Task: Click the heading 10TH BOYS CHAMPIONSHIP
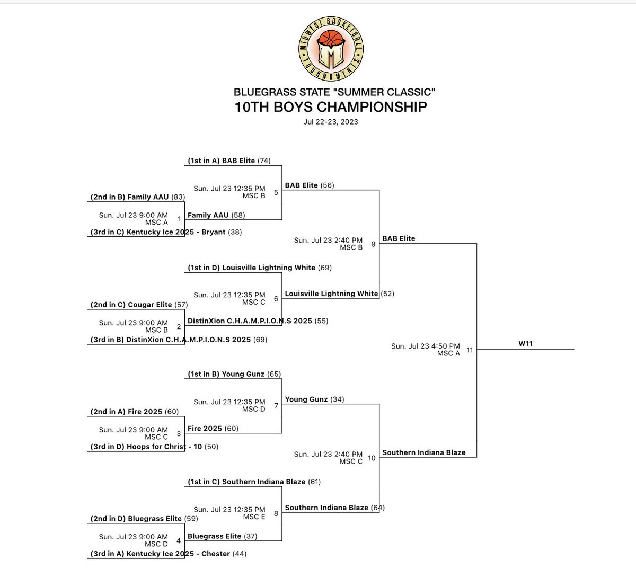(x=331, y=107)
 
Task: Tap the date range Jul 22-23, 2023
(x=331, y=122)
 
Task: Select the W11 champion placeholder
(x=525, y=344)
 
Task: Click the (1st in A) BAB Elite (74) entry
(x=229, y=161)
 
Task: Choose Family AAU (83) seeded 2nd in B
(x=137, y=197)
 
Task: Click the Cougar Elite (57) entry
(x=139, y=305)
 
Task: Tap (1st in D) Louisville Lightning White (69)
(x=260, y=268)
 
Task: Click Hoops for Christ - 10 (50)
(x=154, y=447)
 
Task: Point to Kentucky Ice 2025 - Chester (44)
(x=169, y=554)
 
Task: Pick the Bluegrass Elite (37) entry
(x=223, y=536)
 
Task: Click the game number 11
(x=470, y=350)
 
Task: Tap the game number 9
(x=373, y=244)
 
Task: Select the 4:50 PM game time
(x=426, y=346)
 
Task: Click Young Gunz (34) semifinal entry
(x=315, y=399)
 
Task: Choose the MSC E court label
(x=254, y=517)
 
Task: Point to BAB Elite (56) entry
(x=310, y=185)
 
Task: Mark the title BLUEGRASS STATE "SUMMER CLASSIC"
(x=334, y=92)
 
